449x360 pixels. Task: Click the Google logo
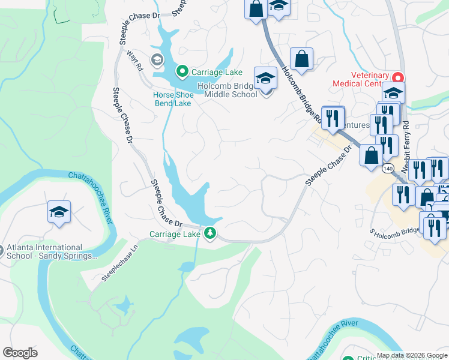coord(20,353)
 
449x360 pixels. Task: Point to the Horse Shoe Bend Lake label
coord(173,99)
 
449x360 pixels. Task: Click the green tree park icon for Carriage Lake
coord(210,233)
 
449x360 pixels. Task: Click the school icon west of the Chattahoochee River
coord(59,212)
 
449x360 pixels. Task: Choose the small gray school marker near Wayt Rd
coord(157,59)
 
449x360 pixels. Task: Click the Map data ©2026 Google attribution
coord(412,355)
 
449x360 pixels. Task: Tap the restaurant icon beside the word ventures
coord(333,118)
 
